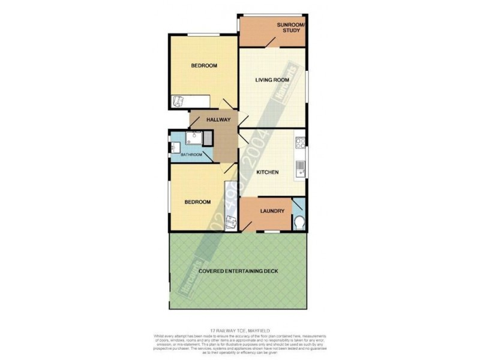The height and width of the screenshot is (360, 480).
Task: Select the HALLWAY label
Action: pyautogui.click(x=218, y=120)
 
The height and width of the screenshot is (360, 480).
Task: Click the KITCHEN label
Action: pyautogui.click(x=267, y=173)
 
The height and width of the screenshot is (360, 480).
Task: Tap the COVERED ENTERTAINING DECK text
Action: pyautogui.click(x=238, y=272)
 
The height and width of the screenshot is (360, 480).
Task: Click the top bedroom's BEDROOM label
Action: pyautogui.click(x=204, y=66)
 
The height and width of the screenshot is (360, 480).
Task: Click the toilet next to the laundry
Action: pyautogui.click(x=300, y=224)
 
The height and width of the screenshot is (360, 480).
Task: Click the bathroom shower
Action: pyautogui.click(x=193, y=139)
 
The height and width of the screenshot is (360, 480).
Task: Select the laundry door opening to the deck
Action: pyautogui.click(x=248, y=227)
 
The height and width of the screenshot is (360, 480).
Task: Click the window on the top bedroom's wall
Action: pyautogui.click(x=203, y=35)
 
